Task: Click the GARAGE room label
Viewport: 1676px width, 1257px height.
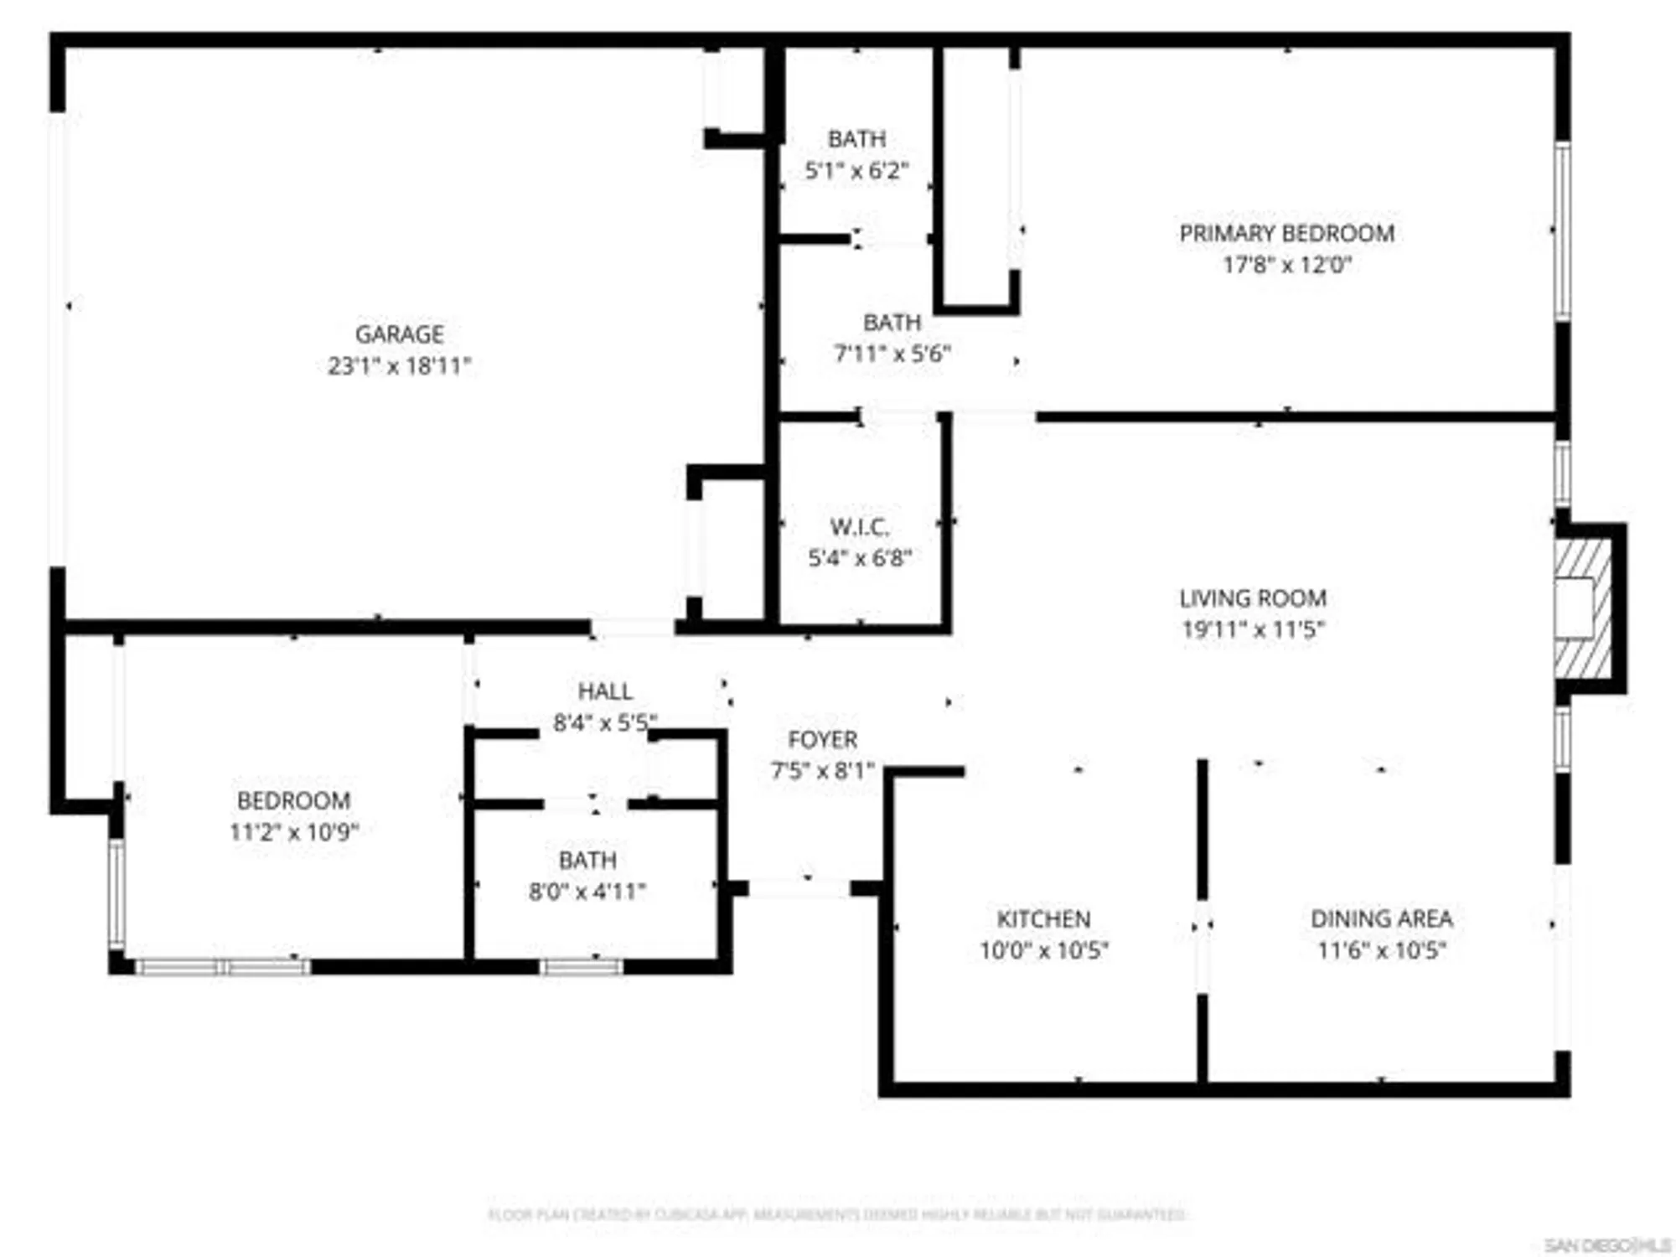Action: click(399, 334)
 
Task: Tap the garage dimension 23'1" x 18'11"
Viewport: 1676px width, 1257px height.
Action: click(399, 366)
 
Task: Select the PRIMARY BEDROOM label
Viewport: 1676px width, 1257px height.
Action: click(1286, 234)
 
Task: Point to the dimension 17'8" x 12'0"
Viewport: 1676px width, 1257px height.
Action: click(1286, 266)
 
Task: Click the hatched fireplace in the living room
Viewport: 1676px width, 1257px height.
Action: click(1582, 608)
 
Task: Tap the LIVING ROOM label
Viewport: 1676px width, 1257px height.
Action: click(1252, 598)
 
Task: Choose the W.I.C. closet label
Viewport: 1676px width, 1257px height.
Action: click(859, 527)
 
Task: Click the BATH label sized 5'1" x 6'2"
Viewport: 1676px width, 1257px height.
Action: click(856, 139)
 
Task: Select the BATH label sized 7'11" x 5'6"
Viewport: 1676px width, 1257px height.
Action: click(892, 323)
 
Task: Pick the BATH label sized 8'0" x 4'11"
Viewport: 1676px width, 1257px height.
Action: click(587, 861)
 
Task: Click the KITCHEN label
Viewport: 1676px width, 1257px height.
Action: click(1043, 919)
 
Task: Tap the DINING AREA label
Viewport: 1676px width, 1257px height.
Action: click(1381, 919)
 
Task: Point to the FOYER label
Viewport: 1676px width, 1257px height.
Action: click(822, 740)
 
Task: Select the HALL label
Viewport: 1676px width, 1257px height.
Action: click(605, 691)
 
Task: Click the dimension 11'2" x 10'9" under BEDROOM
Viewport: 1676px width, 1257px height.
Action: click(293, 832)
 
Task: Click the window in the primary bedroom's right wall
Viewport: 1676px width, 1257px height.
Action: click(1562, 231)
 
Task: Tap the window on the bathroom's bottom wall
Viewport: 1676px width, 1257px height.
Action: click(581, 967)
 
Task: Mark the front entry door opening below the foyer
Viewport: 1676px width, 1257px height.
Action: click(799, 888)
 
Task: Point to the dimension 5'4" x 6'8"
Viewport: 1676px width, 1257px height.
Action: click(859, 558)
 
